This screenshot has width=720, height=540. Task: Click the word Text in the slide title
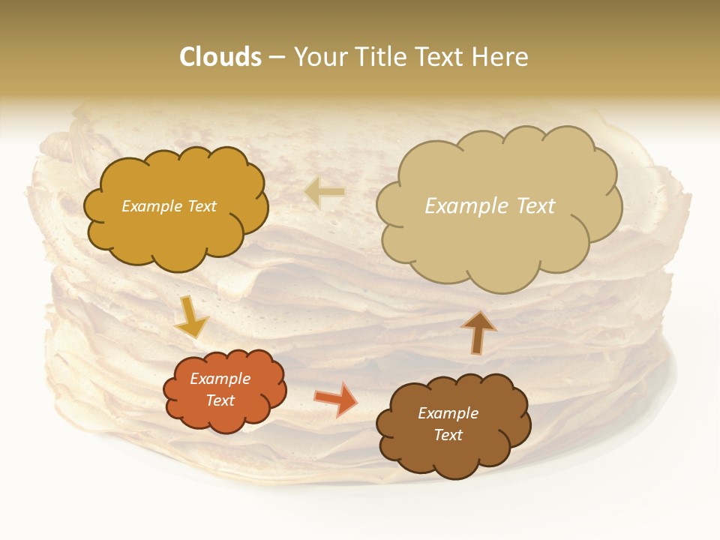[439, 57]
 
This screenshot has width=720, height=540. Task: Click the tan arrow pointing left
[325, 192]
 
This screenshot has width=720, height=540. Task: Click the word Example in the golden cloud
[152, 206]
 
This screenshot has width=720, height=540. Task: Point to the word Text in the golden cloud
[201, 206]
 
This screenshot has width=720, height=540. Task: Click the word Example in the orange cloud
[220, 379]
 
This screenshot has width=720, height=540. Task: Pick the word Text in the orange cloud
[220, 400]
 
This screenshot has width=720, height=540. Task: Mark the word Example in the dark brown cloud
[448, 413]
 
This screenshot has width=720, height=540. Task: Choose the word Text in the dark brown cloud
[448, 435]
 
